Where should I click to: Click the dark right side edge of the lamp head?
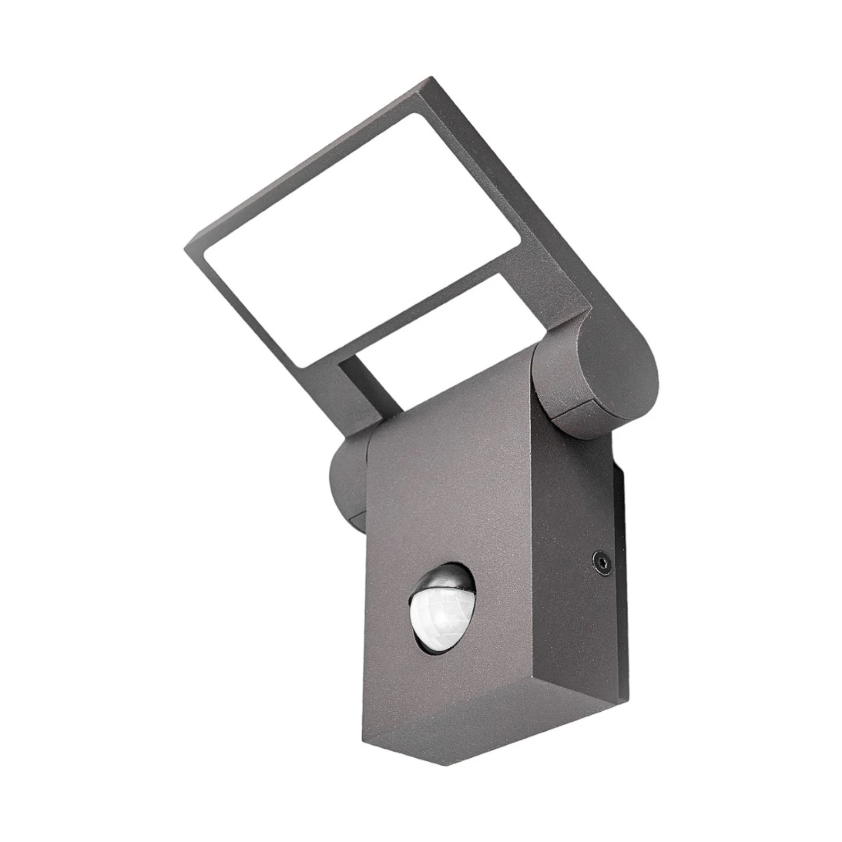(516, 196)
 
